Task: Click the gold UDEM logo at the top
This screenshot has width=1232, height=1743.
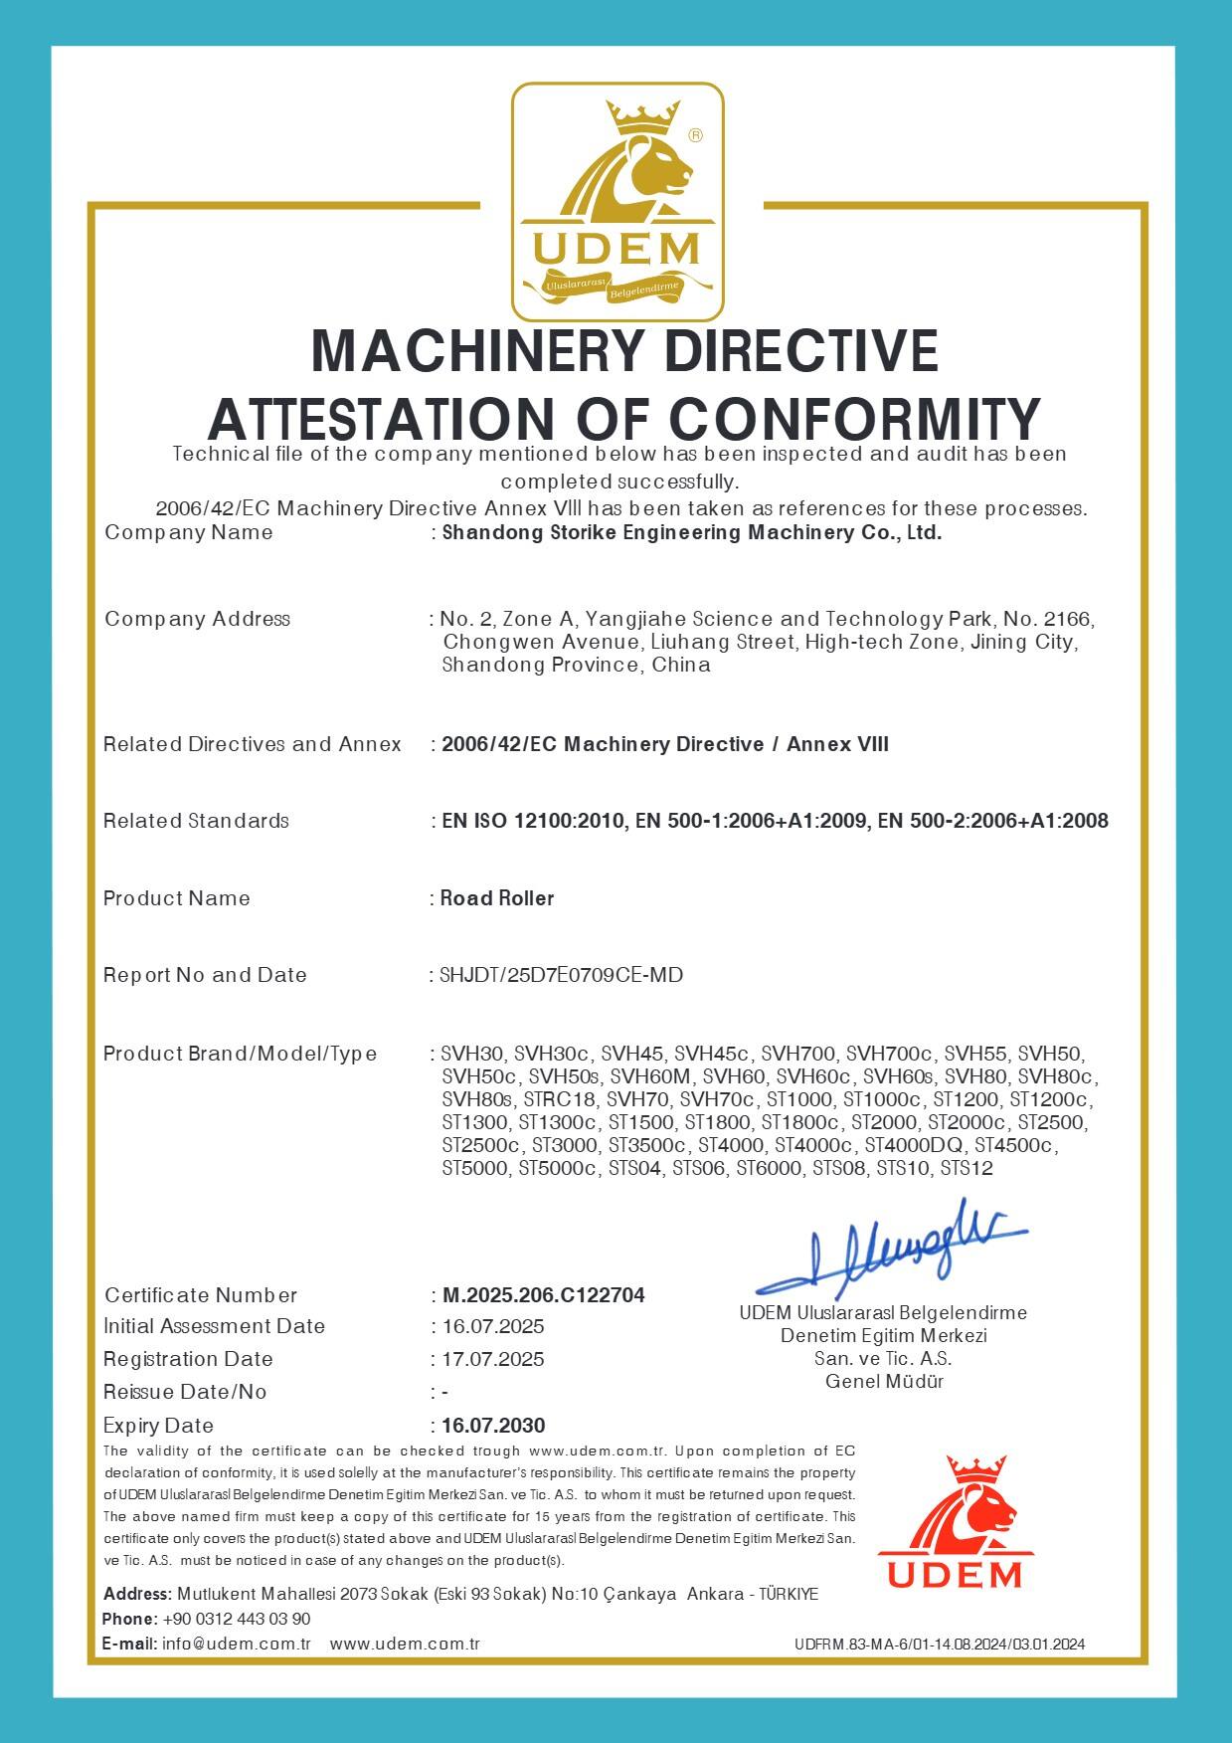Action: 617,202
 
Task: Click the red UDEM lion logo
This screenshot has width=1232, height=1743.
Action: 955,1523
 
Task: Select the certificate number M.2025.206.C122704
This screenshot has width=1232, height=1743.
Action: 543,1295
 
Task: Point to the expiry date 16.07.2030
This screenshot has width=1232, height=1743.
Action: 493,1426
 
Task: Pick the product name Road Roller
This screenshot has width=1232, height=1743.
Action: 497,898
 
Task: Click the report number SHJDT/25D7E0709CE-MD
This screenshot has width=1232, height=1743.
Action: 561,975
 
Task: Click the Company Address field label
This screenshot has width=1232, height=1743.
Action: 197,619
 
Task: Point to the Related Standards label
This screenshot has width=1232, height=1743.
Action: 196,821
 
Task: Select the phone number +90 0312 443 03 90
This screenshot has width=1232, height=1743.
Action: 237,1619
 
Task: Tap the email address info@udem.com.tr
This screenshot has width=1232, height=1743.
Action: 237,1644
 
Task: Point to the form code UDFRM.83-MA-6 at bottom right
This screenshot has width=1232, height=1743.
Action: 939,1645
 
